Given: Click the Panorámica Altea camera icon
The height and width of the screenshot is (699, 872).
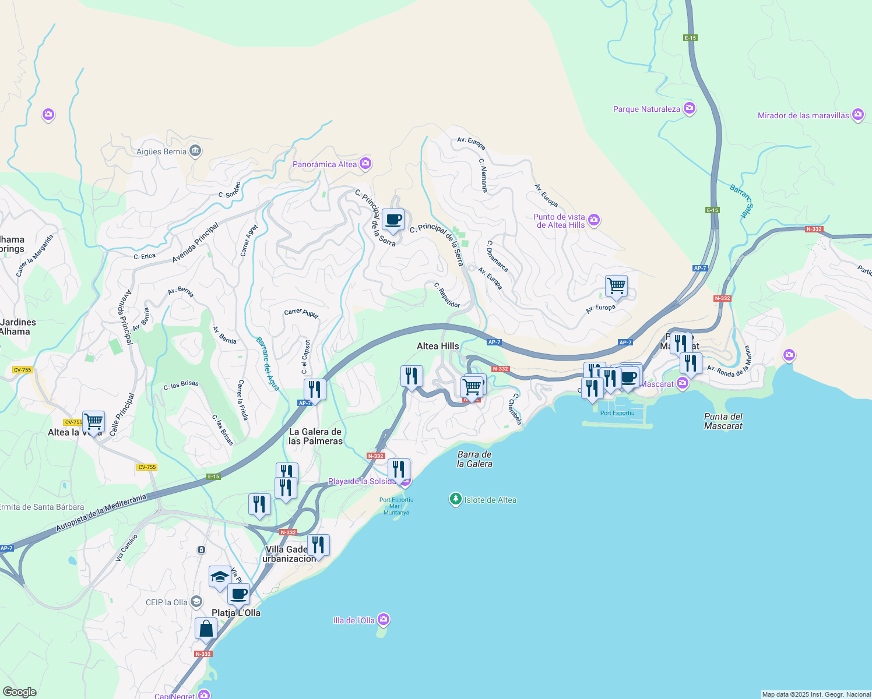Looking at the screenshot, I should click(x=365, y=164).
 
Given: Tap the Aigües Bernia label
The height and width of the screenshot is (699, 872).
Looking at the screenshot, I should click(x=161, y=151).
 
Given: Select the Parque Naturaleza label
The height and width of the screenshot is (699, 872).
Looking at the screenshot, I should click(x=646, y=109).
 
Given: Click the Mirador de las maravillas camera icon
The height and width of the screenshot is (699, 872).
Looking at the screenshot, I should click(x=857, y=115).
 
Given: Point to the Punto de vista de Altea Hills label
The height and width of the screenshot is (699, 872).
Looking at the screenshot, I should click(x=560, y=221).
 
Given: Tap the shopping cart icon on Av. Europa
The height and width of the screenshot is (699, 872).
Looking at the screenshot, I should click(x=616, y=286).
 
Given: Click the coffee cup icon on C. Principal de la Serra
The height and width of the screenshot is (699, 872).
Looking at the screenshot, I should click(x=393, y=220).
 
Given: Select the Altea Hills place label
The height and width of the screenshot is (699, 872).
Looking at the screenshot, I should click(x=438, y=346).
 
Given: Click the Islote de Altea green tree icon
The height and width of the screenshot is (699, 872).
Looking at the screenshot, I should click(x=455, y=499).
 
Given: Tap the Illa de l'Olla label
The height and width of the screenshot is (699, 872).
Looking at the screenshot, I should click(x=354, y=620).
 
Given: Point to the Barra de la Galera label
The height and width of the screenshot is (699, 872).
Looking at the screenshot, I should click(x=474, y=459).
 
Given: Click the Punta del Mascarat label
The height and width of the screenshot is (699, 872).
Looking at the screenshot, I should click(x=723, y=421).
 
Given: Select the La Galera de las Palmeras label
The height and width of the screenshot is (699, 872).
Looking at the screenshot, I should click(x=315, y=436).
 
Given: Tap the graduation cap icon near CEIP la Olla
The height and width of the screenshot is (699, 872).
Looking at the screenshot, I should click(x=220, y=577).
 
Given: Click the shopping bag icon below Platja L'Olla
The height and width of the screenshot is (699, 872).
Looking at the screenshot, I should click(x=206, y=629).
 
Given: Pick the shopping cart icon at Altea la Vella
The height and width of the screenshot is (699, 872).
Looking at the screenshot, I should click(x=93, y=421).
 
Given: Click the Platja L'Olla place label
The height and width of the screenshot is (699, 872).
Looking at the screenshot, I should click(x=236, y=613).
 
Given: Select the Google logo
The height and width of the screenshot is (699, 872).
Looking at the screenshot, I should click(x=19, y=692).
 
